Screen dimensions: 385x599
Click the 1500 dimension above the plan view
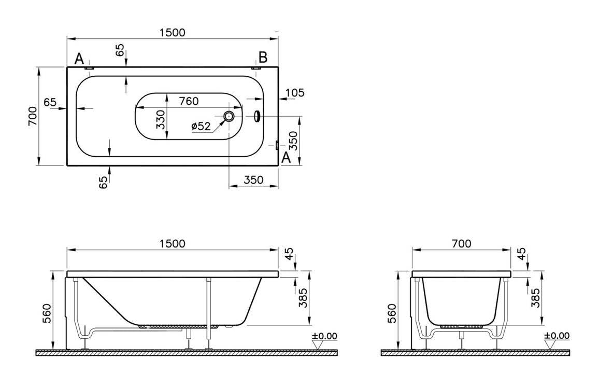coord(172,32)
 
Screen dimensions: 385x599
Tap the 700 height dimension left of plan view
coord(32,116)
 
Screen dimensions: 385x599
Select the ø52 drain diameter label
coord(201,126)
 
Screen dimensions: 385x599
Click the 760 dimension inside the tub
coord(188,101)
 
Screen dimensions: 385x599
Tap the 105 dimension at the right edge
coord(295,93)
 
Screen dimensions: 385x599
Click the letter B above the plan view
coord(263,57)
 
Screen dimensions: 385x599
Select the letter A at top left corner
coord(79,58)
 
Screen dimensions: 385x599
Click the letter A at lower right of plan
coord(285,159)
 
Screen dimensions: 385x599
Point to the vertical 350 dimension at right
coord(293,140)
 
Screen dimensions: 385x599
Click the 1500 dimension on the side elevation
coord(172,243)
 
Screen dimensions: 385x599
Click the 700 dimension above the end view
coord(461,243)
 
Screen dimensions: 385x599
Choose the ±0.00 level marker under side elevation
coord(324,336)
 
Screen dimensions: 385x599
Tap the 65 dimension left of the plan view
coord(50,102)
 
